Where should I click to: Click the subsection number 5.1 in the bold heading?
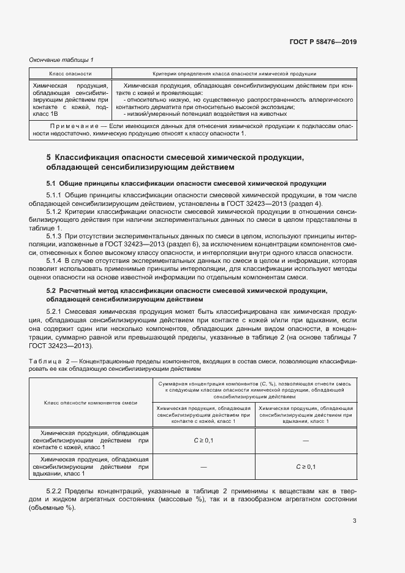coord(51,183)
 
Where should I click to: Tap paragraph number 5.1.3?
coord(55,235)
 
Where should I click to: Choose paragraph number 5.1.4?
coord(55,260)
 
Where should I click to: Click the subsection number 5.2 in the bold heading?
coord(51,290)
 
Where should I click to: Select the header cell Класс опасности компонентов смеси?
coord(90,402)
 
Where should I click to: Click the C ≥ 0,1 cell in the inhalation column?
coord(306,466)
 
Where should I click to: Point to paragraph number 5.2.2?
coord(55,491)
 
